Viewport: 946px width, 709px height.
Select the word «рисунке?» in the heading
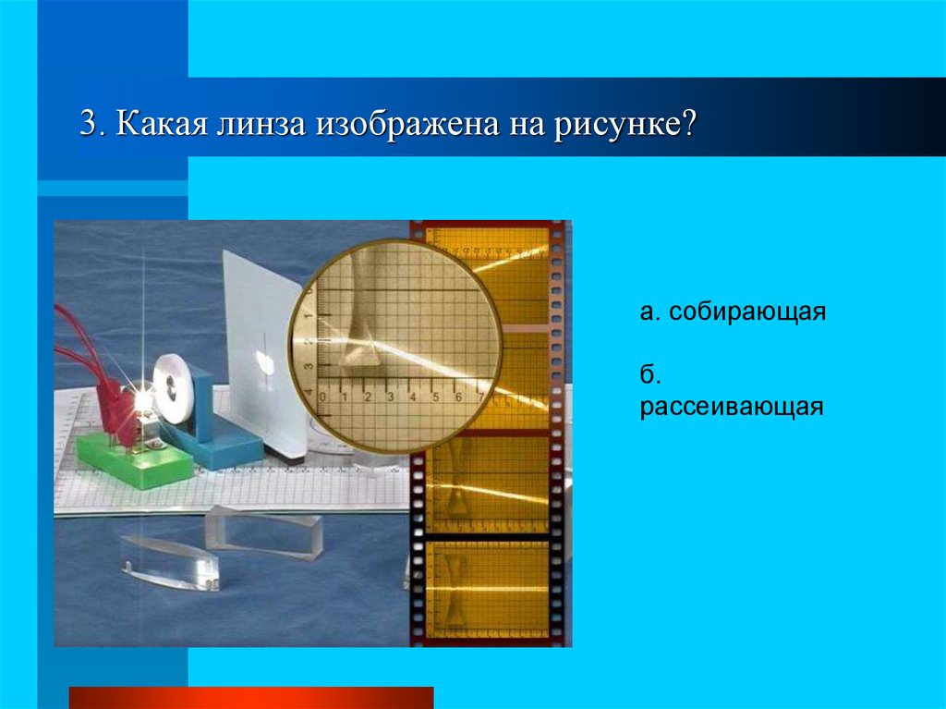click(x=625, y=124)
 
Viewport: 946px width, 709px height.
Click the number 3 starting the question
click(x=87, y=124)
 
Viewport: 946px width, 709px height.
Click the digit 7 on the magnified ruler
click(x=481, y=398)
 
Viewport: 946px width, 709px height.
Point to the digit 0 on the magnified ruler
click(x=322, y=398)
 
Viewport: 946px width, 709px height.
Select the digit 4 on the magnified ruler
click(x=412, y=398)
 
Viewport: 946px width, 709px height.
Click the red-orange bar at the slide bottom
click(x=250, y=697)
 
